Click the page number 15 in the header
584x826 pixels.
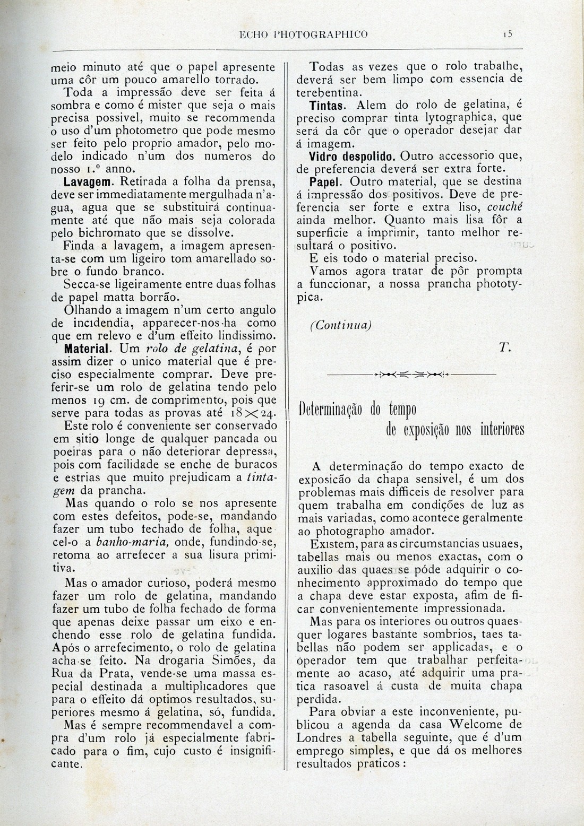click(x=508, y=34)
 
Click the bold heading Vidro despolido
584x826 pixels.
click(x=353, y=156)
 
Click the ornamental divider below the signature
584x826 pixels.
click(x=411, y=374)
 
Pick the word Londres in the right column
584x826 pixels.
click(x=329, y=737)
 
